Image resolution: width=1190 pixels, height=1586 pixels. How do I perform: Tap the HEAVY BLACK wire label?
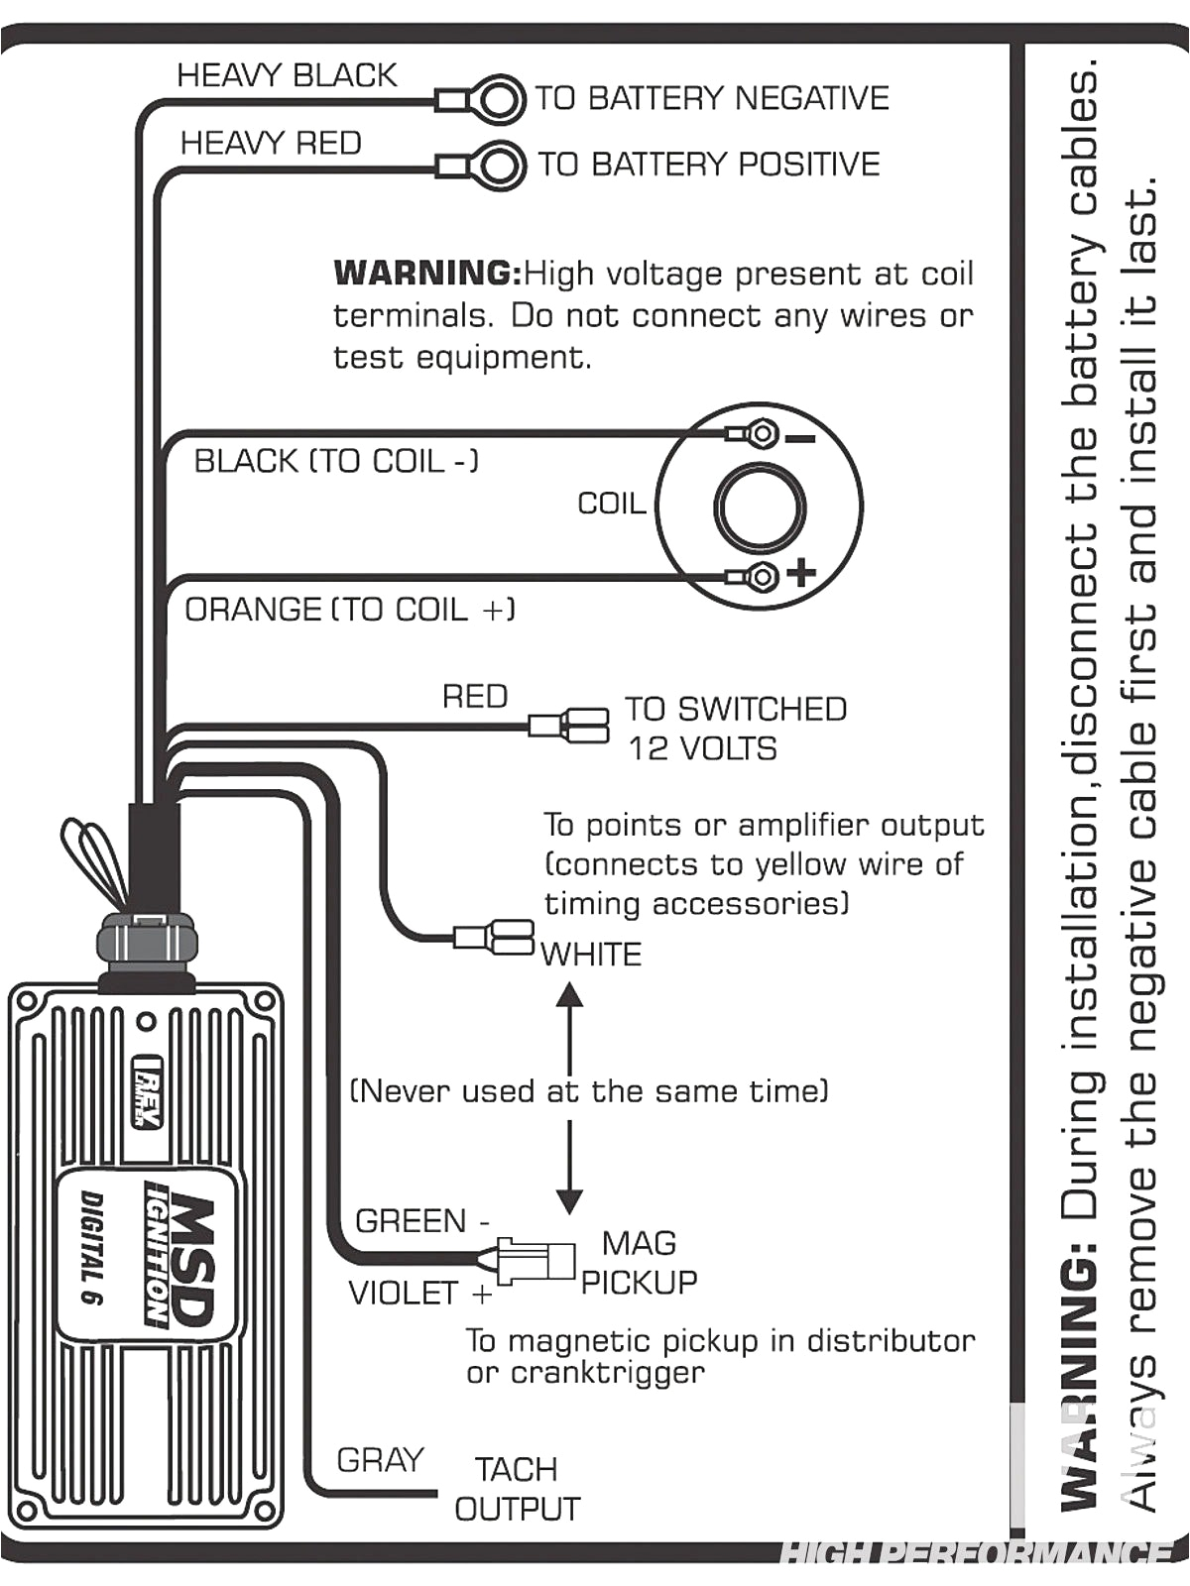[x=286, y=75]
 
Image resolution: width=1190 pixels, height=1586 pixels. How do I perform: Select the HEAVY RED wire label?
[x=270, y=143]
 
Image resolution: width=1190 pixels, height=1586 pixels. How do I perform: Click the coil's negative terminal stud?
[x=762, y=433]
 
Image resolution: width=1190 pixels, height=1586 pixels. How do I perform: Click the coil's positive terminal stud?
[x=762, y=576]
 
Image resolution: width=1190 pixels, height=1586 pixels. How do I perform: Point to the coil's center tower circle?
[x=760, y=507]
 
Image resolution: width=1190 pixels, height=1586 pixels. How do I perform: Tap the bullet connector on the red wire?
[x=570, y=725]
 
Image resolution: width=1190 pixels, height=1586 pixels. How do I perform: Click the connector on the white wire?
[x=496, y=937]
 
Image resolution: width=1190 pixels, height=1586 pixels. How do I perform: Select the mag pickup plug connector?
[x=535, y=1261]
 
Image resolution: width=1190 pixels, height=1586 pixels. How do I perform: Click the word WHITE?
[x=591, y=955]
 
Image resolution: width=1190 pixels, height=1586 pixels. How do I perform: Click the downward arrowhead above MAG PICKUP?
[x=569, y=1201]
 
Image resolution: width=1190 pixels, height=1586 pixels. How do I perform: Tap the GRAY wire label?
[x=379, y=1459]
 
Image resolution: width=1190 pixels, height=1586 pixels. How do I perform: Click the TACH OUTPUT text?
[x=517, y=1489]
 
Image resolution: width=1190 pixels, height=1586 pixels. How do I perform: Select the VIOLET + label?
[x=419, y=1294]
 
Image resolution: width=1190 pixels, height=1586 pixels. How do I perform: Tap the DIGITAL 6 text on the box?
[x=94, y=1248]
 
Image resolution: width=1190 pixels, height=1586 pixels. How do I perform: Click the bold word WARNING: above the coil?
[x=427, y=273]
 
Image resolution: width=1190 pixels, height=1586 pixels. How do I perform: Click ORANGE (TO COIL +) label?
[x=349, y=609]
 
